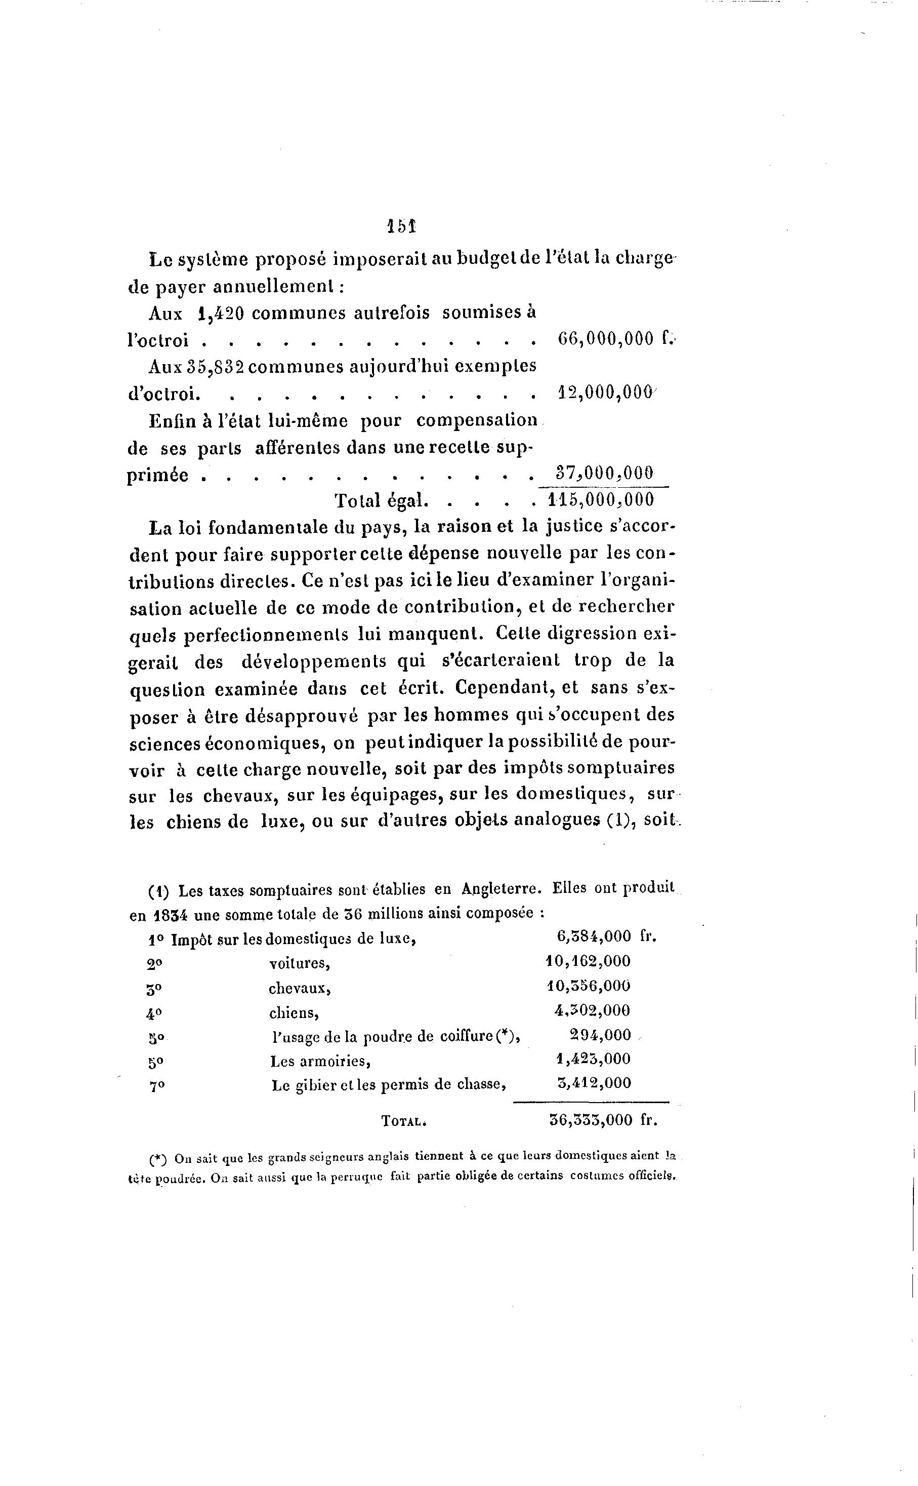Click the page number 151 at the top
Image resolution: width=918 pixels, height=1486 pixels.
coord(401,226)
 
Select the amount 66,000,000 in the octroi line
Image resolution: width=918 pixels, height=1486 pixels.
coord(605,339)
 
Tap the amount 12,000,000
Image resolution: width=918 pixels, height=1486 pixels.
coord(605,393)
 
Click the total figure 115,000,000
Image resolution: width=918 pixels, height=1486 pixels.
coord(601,500)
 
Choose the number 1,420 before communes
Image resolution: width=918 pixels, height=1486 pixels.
coord(221,314)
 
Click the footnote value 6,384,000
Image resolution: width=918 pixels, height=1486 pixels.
coord(594,936)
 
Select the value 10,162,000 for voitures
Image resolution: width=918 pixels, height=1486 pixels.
coord(589,961)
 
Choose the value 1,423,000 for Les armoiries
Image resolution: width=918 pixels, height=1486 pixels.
coord(594,1059)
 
